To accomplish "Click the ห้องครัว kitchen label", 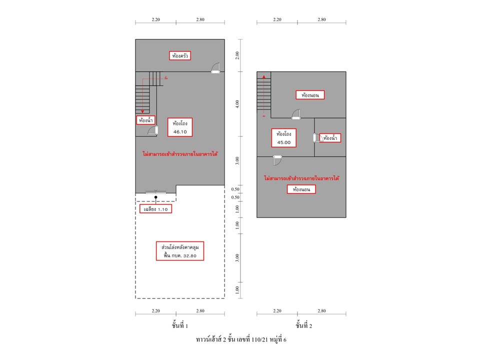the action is tap(180, 55).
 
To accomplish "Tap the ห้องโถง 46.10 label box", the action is tap(180, 127).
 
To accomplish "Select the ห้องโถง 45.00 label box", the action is tap(284, 138).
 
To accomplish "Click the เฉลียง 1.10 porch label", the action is tap(155, 209).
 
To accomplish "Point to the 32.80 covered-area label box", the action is tap(180, 251).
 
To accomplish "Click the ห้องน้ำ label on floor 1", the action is tap(145, 120).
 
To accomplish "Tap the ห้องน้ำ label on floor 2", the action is tap(330, 138).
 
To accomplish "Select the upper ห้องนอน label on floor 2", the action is tap(310, 95).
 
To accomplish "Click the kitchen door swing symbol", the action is tap(215, 68).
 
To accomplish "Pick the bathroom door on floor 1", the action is tap(153, 130).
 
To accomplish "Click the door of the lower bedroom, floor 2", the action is tap(277, 160).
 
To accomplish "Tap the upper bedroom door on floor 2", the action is tap(296, 114).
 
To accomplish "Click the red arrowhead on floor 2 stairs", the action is tap(264, 77).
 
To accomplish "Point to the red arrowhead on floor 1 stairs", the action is tap(142, 111).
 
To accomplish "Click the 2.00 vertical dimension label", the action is tap(237, 55).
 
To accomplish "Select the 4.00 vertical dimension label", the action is tap(237, 104).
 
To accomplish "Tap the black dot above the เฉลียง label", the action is tap(156, 197).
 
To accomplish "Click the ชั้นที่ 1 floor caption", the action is tap(180, 325).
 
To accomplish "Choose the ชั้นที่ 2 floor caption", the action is tap(304, 325).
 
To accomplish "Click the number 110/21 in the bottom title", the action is tap(260, 339).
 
